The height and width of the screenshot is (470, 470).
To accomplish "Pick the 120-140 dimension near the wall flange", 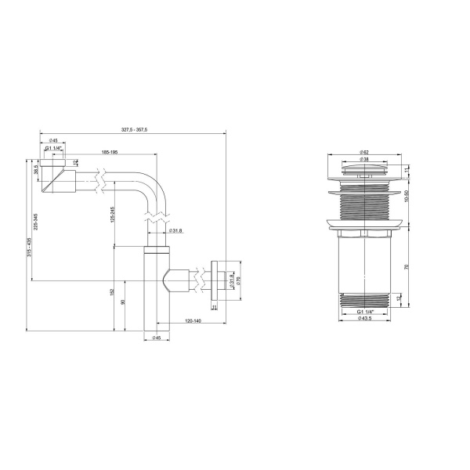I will pyautogui.click(x=192, y=321).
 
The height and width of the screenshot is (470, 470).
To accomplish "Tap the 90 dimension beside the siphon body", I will pyautogui.click(x=123, y=302).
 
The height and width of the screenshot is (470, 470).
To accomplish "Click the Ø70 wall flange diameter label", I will pyautogui.click(x=240, y=280).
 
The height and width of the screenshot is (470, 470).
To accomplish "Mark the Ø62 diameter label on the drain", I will pyautogui.click(x=365, y=151).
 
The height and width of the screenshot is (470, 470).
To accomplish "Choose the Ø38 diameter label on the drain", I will pyautogui.click(x=365, y=159).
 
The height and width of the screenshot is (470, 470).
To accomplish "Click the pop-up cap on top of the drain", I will pyautogui.click(x=365, y=169).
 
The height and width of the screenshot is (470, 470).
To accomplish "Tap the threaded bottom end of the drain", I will pyautogui.click(x=365, y=300).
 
